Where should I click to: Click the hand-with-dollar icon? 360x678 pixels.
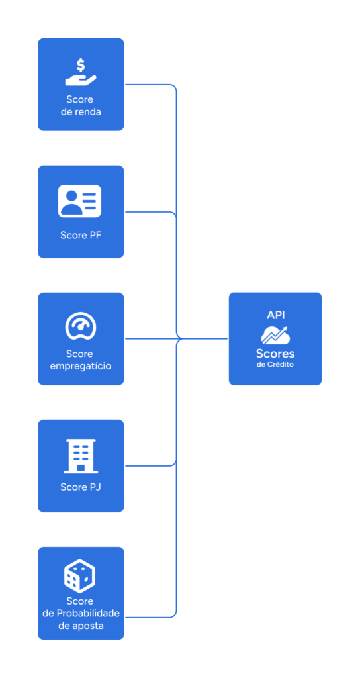[x=81, y=72]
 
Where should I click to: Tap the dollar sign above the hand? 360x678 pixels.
[x=81, y=65]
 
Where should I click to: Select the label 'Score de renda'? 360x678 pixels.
[x=81, y=105]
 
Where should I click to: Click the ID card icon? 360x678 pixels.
[x=79, y=201]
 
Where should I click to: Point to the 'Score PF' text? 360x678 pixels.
[x=81, y=236]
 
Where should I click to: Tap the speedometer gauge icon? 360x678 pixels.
[x=81, y=326]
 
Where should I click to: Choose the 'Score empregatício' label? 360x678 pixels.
[x=81, y=360]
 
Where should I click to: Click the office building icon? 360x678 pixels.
[x=81, y=456]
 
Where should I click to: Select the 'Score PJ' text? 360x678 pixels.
[x=81, y=487]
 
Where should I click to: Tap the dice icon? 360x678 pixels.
[x=80, y=576]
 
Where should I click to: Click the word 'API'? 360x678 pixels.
[x=276, y=315]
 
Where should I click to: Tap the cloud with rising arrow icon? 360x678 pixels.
[x=275, y=336]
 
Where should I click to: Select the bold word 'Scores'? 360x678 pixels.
[x=275, y=354]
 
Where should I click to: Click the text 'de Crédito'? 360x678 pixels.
[x=275, y=365]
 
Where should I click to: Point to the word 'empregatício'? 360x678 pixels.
[x=81, y=367]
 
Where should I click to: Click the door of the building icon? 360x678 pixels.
[x=81, y=467]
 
